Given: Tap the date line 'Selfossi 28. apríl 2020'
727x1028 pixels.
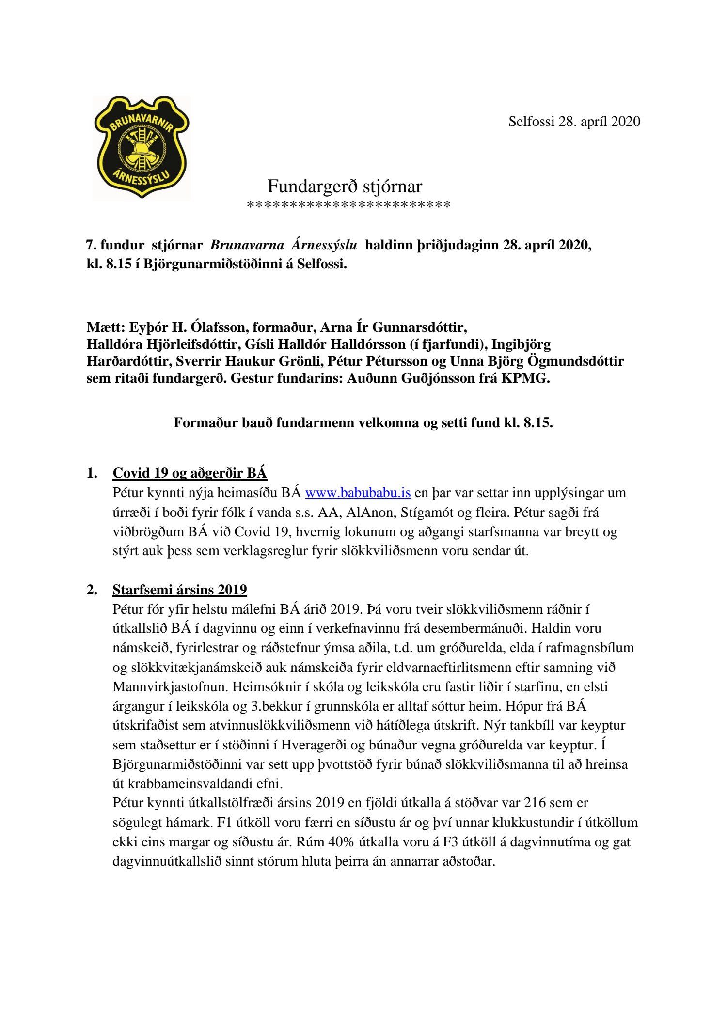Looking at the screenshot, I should [x=574, y=122].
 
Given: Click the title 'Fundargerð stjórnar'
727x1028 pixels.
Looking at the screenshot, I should [x=345, y=187].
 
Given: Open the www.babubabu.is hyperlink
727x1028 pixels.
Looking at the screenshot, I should [x=358, y=493].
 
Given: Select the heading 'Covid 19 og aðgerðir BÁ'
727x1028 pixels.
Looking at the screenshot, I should [x=190, y=473].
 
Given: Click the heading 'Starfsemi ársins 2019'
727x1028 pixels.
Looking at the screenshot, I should [x=179, y=590].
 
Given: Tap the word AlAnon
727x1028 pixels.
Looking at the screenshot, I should [x=370, y=513].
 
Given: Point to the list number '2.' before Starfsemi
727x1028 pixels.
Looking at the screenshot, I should [x=92, y=590].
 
